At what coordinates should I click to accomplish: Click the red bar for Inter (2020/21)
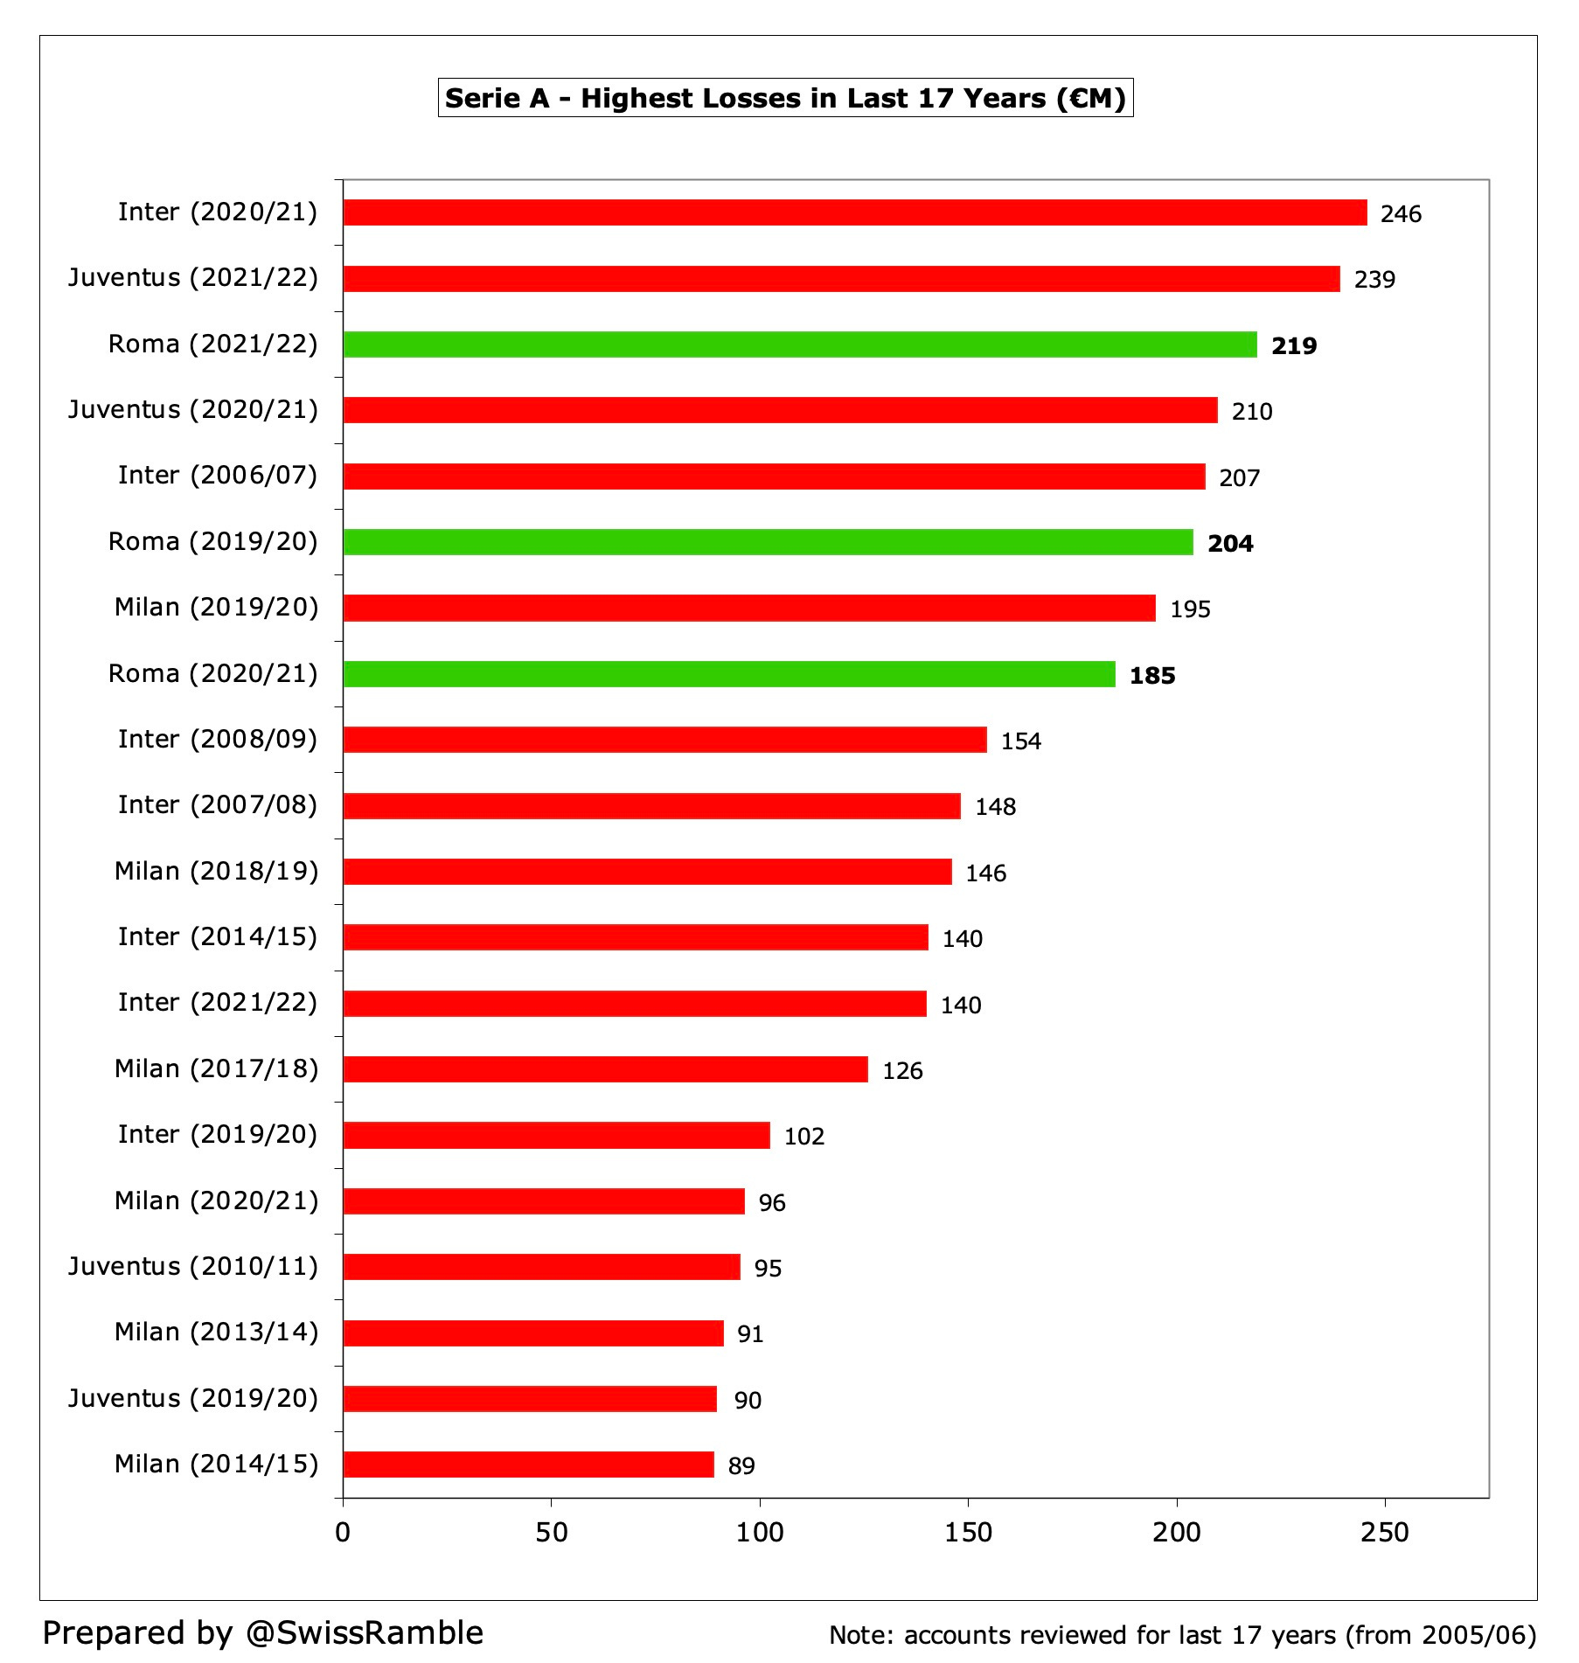click(x=854, y=212)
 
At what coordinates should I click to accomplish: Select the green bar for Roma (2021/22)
click(x=799, y=344)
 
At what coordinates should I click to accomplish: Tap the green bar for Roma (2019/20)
click(x=768, y=542)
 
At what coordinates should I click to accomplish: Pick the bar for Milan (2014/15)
click(x=528, y=1465)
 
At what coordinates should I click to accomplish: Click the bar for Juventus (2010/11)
click(x=541, y=1267)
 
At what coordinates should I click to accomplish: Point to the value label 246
click(x=1401, y=214)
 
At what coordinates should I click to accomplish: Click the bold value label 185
click(x=1151, y=676)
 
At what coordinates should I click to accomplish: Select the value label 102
click(x=803, y=1137)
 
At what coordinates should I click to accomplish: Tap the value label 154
click(x=1020, y=741)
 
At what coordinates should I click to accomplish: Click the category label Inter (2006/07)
click(x=218, y=476)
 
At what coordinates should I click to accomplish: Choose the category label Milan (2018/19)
click(x=216, y=872)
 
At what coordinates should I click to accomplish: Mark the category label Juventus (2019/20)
click(x=193, y=1398)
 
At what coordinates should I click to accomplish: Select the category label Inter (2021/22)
click(x=218, y=1003)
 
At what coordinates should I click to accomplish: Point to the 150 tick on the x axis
click(x=968, y=1533)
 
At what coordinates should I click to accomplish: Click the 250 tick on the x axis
click(x=1385, y=1533)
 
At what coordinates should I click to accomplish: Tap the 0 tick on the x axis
click(x=343, y=1533)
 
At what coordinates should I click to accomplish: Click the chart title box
click(x=785, y=98)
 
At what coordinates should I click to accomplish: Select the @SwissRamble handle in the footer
click(x=364, y=1632)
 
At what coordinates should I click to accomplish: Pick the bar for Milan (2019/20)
click(x=748, y=608)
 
